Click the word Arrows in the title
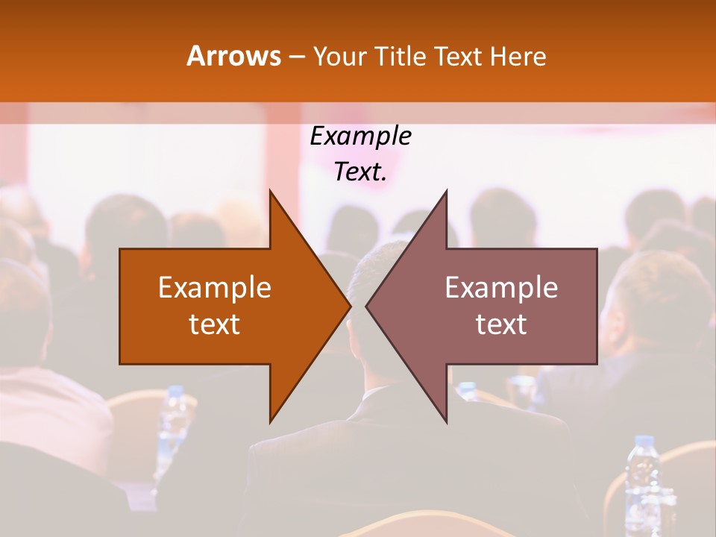pyautogui.click(x=233, y=56)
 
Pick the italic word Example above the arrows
pyautogui.click(x=360, y=136)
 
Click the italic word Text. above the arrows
pyautogui.click(x=360, y=172)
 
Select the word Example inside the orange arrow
pyautogui.click(x=215, y=288)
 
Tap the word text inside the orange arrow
pyautogui.click(x=215, y=324)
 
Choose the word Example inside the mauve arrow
pyautogui.click(x=501, y=288)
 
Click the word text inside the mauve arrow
pyautogui.click(x=501, y=324)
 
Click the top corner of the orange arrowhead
pyautogui.click(x=270, y=191)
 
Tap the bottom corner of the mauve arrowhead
pyautogui.click(x=446, y=422)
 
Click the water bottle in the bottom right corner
pyautogui.click(x=641, y=477)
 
